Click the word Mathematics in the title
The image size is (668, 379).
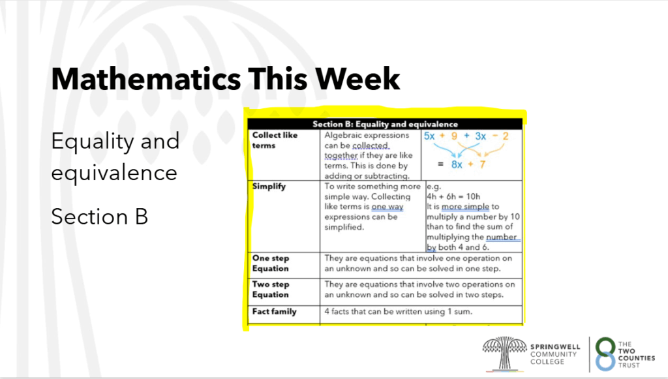point(145,79)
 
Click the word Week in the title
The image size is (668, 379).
point(357,79)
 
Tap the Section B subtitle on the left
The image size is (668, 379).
point(100,217)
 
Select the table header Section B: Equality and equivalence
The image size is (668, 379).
point(385,124)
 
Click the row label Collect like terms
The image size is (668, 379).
point(275,140)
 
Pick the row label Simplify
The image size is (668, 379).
point(269,186)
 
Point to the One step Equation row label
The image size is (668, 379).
point(271,263)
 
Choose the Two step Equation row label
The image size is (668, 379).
point(271,289)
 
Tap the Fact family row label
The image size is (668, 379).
point(274,311)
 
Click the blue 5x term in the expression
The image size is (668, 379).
point(429,136)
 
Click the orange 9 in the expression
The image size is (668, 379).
point(454,136)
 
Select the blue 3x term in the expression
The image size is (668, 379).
point(481,136)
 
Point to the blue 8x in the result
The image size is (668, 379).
point(457,164)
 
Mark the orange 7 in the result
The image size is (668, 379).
point(482,164)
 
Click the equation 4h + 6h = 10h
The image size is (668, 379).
point(453,196)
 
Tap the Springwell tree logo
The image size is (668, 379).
point(504,353)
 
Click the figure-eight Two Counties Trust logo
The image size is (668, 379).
point(605,354)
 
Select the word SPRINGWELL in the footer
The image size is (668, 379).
point(555,346)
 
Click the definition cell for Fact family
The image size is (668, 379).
point(398,311)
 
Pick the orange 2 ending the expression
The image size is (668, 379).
point(506,136)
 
